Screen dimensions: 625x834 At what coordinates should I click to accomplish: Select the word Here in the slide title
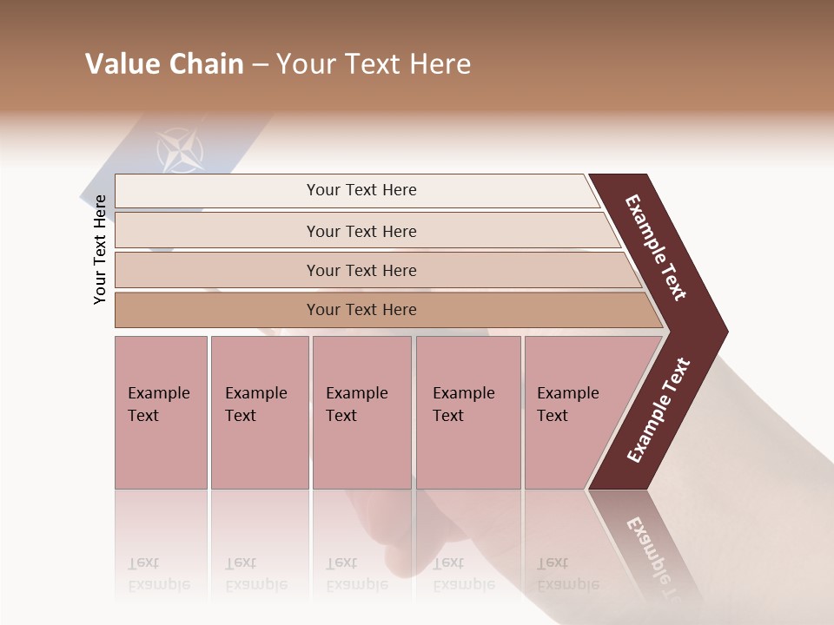(x=440, y=64)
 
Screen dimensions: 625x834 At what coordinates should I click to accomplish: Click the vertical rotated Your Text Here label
(x=100, y=249)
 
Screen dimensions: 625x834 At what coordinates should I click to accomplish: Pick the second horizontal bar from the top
(x=361, y=231)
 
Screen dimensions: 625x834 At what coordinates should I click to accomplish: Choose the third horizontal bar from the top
(x=361, y=270)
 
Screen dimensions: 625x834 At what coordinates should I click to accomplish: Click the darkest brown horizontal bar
(x=361, y=310)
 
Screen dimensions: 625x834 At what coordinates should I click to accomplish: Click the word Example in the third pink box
(x=356, y=393)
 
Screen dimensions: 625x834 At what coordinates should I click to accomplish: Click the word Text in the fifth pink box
(x=552, y=416)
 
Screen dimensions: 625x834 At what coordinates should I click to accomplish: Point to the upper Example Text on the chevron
(x=656, y=247)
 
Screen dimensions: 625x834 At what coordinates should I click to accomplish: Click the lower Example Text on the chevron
(x=659, y=411)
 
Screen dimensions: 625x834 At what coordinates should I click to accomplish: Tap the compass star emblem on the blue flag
(x=181, y=150)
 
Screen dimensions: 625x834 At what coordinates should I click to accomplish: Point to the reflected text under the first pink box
(x=158, y=574)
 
